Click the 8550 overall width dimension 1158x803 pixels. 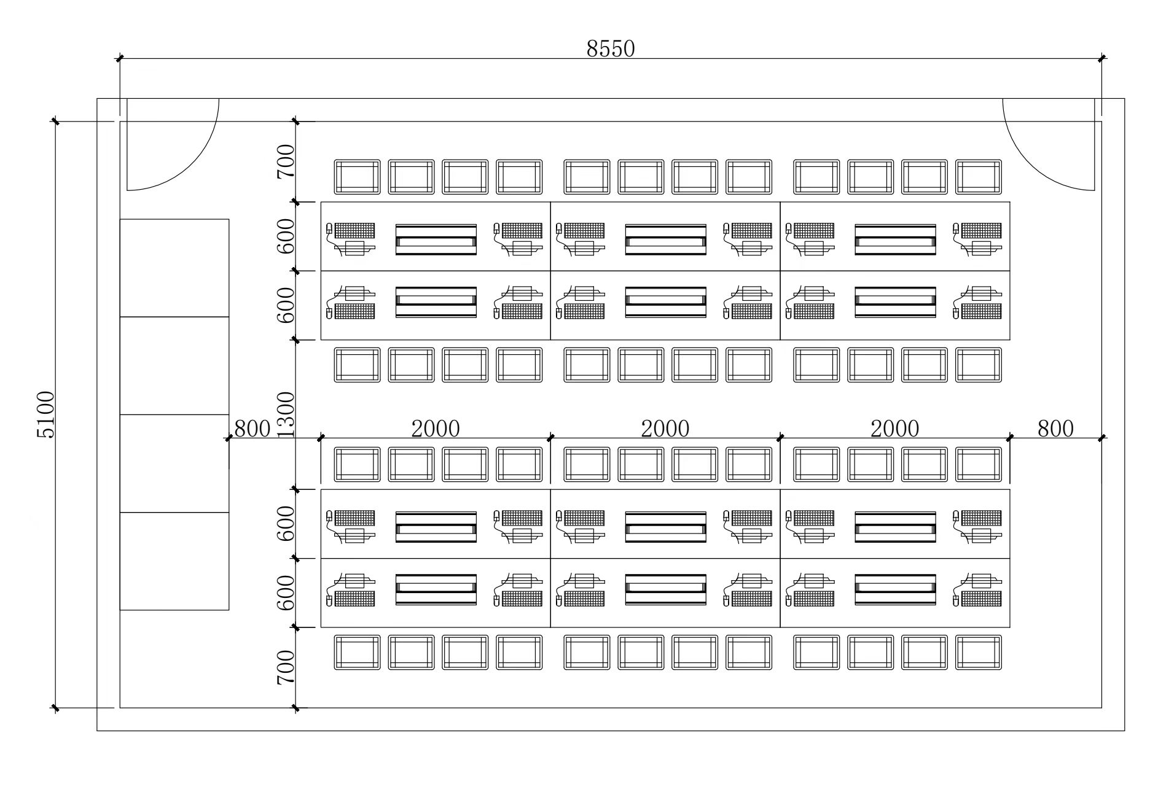610,48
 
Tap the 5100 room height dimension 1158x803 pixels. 46,414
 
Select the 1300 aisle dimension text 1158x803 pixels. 286,415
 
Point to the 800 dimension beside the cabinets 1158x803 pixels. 252,429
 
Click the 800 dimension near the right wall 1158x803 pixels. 1055,429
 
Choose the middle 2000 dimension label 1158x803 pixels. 665,429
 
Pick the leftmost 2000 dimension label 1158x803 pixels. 436,429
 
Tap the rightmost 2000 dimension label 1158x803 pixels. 895,429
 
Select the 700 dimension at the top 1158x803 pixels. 286,161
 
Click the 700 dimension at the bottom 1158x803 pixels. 286,668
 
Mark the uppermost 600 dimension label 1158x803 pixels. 286,236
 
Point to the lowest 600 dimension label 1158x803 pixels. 286,593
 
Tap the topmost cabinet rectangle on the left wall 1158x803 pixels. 174,268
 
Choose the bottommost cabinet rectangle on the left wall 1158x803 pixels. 174,561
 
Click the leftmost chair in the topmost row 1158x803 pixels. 357,177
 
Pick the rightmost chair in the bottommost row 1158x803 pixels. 979,652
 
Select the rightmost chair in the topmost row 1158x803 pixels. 979,177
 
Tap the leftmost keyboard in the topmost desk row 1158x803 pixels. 354,230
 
